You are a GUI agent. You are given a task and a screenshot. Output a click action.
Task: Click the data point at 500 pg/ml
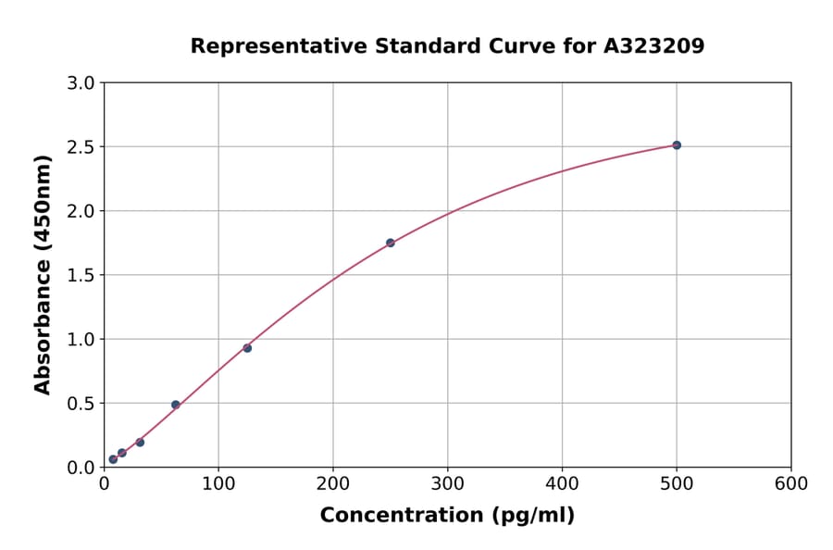click(677, 145)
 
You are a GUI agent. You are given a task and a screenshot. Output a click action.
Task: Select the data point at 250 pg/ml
click(391, 243)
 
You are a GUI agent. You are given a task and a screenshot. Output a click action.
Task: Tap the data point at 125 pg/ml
click(247, 348)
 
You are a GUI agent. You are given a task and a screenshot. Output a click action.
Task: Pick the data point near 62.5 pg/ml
click(176, 405)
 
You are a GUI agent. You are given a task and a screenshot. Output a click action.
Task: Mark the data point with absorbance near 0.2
click(140, 443)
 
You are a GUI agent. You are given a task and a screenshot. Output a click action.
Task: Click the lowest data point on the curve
click(113, 459)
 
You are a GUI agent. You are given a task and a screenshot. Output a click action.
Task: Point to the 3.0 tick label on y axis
click(81, 83)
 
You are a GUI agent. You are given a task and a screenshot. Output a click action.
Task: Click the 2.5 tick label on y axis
click(81, 147)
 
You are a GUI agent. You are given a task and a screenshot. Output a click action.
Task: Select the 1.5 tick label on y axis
click(81, 275)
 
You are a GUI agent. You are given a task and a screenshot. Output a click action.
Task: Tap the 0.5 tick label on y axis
click(81, 404)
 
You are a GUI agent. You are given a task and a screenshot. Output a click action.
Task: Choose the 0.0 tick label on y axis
click(81, 468)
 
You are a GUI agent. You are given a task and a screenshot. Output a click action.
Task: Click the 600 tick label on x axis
click(791, 484)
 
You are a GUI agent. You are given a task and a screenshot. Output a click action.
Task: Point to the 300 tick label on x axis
click(448, 484)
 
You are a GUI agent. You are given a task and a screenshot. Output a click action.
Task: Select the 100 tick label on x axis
click(218, 484)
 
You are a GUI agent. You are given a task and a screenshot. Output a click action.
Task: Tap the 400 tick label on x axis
click(562, 484)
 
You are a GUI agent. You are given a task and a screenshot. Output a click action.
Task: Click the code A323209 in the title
click(654, 46)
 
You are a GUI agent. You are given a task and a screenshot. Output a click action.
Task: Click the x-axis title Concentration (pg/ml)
click(447, 516)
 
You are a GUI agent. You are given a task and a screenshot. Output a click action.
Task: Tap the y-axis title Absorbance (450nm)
click(43, 275)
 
